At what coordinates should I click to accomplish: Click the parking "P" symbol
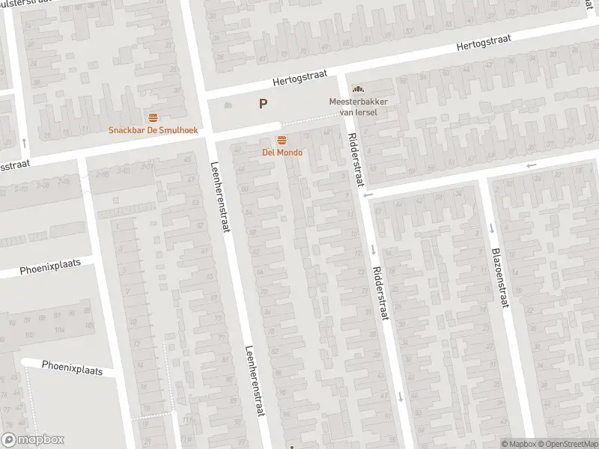click(x=263, y=104)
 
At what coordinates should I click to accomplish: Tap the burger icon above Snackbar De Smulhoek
click(x=153, y=117)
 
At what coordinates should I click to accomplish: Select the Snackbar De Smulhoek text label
click(x=153, y=129)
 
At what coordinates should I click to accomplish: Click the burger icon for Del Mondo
click(x=282, y=140)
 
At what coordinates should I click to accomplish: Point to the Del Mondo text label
click(x=282, y=153)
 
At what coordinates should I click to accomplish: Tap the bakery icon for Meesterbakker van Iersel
click(x=357, y=89)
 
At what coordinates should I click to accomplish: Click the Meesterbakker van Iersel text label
click(x=357, y=106)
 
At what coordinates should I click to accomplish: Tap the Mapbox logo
click(x=33, y=440)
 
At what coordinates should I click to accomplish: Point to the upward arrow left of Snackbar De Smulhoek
click(x=25, y=141)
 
